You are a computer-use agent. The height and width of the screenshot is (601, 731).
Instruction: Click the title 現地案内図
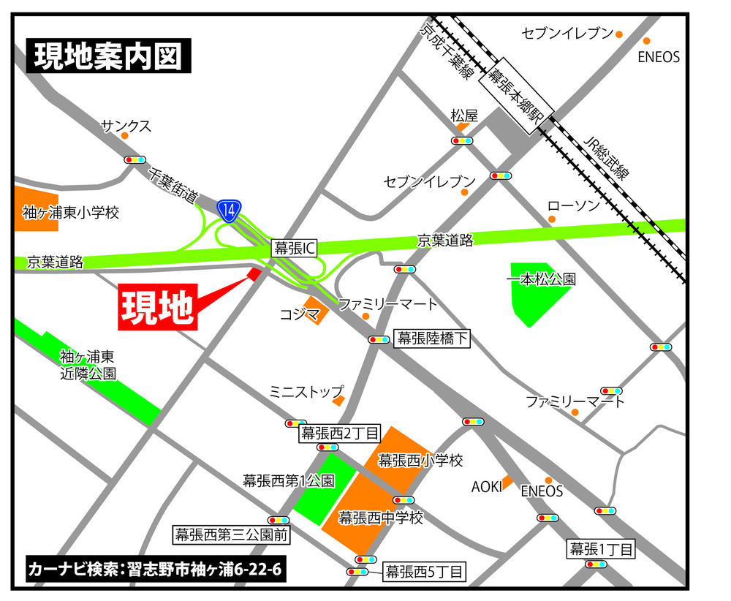click(109, 56)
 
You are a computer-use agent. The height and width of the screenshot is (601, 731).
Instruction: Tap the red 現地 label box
click(157, 308)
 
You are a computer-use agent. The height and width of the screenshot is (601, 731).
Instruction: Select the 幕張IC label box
click(294, 248)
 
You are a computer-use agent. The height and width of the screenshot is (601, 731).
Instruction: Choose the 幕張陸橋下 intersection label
click(432, 338)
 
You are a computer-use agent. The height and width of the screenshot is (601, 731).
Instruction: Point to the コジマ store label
click(300, 315)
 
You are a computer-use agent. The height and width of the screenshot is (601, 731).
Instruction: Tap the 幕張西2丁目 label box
click(340, 433)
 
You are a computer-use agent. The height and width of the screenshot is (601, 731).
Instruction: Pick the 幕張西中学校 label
click(381, 518)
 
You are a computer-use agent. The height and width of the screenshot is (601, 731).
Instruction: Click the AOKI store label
click(486, 486)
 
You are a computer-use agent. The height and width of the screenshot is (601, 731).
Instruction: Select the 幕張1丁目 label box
click(602, 548)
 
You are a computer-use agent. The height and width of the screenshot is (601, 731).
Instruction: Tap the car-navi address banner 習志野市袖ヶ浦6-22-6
click(154, 569)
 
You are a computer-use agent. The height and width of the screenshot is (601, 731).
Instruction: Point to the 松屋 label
click(463, 116)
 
